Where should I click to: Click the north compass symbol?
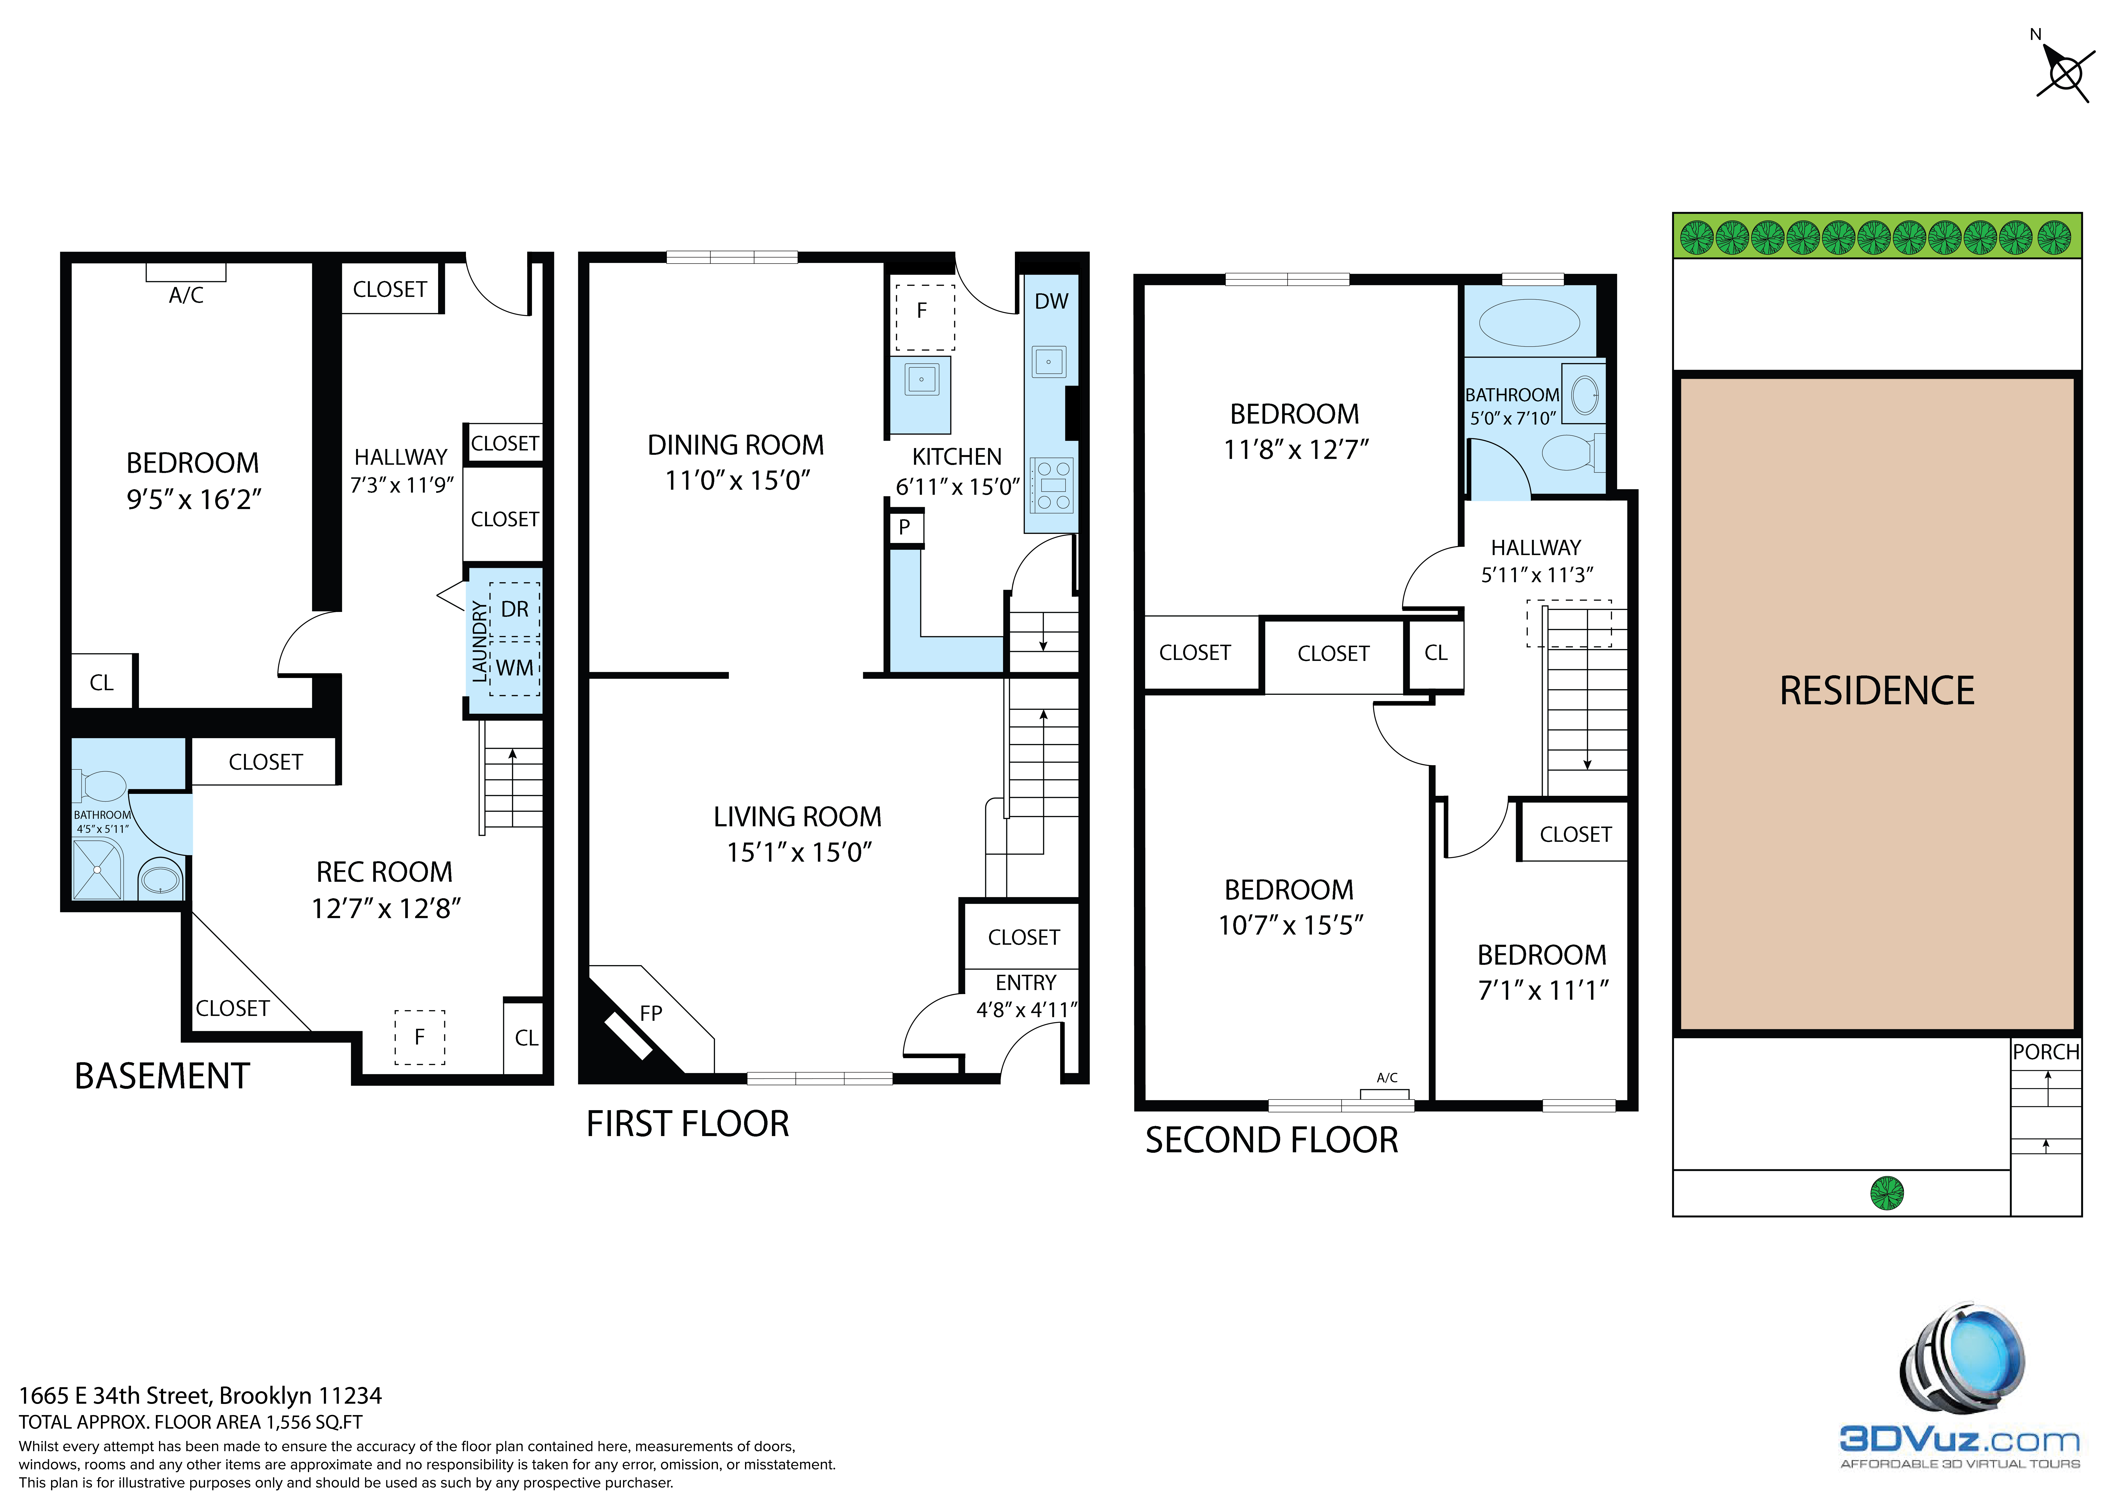[x=2064, y=72]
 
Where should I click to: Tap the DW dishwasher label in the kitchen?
[x=1051, y=302]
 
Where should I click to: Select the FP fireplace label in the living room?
[x=651, y=1014]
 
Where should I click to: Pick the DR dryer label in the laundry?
[x=515, y=610]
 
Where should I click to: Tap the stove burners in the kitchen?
[x=1053, y=485]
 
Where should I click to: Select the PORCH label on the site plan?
[x=2046, y=1053]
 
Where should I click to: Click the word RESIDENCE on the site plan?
[x=1877, y=691]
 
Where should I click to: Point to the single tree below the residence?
[x=1887, y=1193]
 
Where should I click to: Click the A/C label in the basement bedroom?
[x=186, y=295]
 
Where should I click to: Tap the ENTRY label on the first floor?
[x=1026, y=982]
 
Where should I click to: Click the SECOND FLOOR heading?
[x=1271, y=1140]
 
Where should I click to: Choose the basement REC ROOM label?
[x=385, y=872]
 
